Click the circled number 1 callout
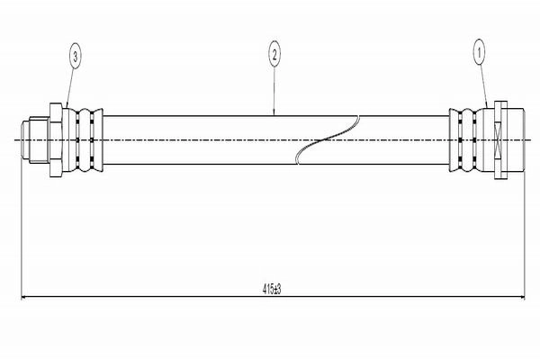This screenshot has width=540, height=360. tap(479, 52)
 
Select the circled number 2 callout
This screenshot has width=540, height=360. tap(274, 54)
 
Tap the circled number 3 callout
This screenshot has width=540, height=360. tap(76, 56)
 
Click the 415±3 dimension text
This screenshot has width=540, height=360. tap(272, 289)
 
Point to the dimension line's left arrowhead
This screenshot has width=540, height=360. tap(24, 297)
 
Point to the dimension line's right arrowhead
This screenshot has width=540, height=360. tap(521, 297)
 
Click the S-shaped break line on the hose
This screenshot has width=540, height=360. tap(328, 139)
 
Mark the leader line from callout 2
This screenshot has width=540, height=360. tap(274, 91)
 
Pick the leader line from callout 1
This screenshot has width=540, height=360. tap(483, 86)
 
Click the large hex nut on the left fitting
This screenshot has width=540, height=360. tap(56, 139)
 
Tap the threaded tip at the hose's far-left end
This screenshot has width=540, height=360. tap(25, 139)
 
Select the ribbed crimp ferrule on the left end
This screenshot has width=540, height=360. tap(83, 139)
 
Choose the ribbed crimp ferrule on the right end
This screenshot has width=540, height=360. tap(466, 139)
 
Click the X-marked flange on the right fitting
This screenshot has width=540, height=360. tap(500, 139)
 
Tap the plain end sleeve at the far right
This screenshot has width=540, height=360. tap(516, 139)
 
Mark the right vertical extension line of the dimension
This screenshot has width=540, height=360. tap(525, 234)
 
